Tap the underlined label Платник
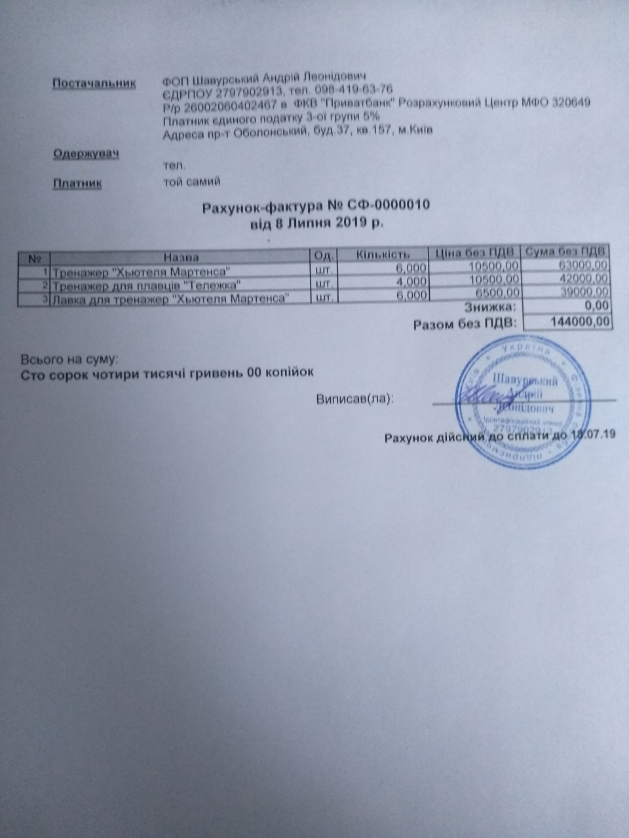point(77,184)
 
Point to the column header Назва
point(181,257)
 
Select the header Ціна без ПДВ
point(474,252)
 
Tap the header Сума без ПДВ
point(565,251)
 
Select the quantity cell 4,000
point(410,282)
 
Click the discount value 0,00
point(599,306)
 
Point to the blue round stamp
point(521,406)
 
